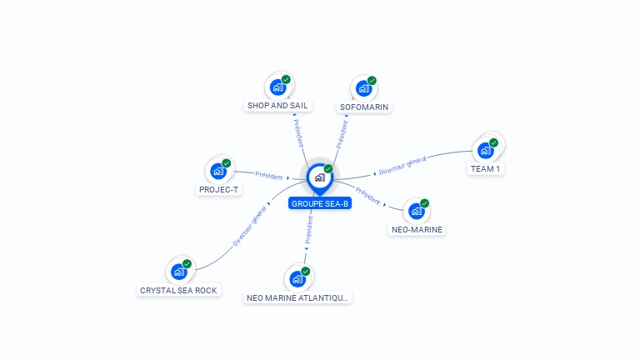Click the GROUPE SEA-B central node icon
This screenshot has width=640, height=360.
click(319, 177)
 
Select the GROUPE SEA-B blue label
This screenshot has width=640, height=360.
click(320, 203)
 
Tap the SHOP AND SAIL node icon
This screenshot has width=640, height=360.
click(277, 87)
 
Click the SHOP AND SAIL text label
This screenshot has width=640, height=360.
click(277, 106)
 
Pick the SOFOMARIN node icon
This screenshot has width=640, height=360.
click(362, 87)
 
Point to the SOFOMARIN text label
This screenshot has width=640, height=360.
click(364, 107)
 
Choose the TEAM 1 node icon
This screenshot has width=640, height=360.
click(485, 150)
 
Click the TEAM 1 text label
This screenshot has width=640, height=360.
click(486, 169)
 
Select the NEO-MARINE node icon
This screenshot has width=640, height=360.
click(416, 211)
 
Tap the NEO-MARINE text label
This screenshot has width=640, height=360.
click(417, 230)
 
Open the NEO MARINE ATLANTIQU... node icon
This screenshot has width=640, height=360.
click(297, 278)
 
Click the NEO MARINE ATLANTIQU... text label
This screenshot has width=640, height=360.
click(298, 297)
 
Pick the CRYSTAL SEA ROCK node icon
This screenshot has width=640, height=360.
click(178, 271)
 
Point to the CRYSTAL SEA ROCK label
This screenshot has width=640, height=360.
click(178, 291)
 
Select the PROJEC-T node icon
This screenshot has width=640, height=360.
click(218, 171)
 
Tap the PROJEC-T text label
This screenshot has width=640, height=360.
click(219, 190)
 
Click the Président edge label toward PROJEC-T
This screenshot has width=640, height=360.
click(268, 176)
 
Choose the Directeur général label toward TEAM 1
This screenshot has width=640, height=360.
click(402, 165)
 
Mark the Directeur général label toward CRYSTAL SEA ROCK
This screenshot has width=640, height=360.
click(250, 227)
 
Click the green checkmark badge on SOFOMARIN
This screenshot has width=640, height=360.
click(372, 81)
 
